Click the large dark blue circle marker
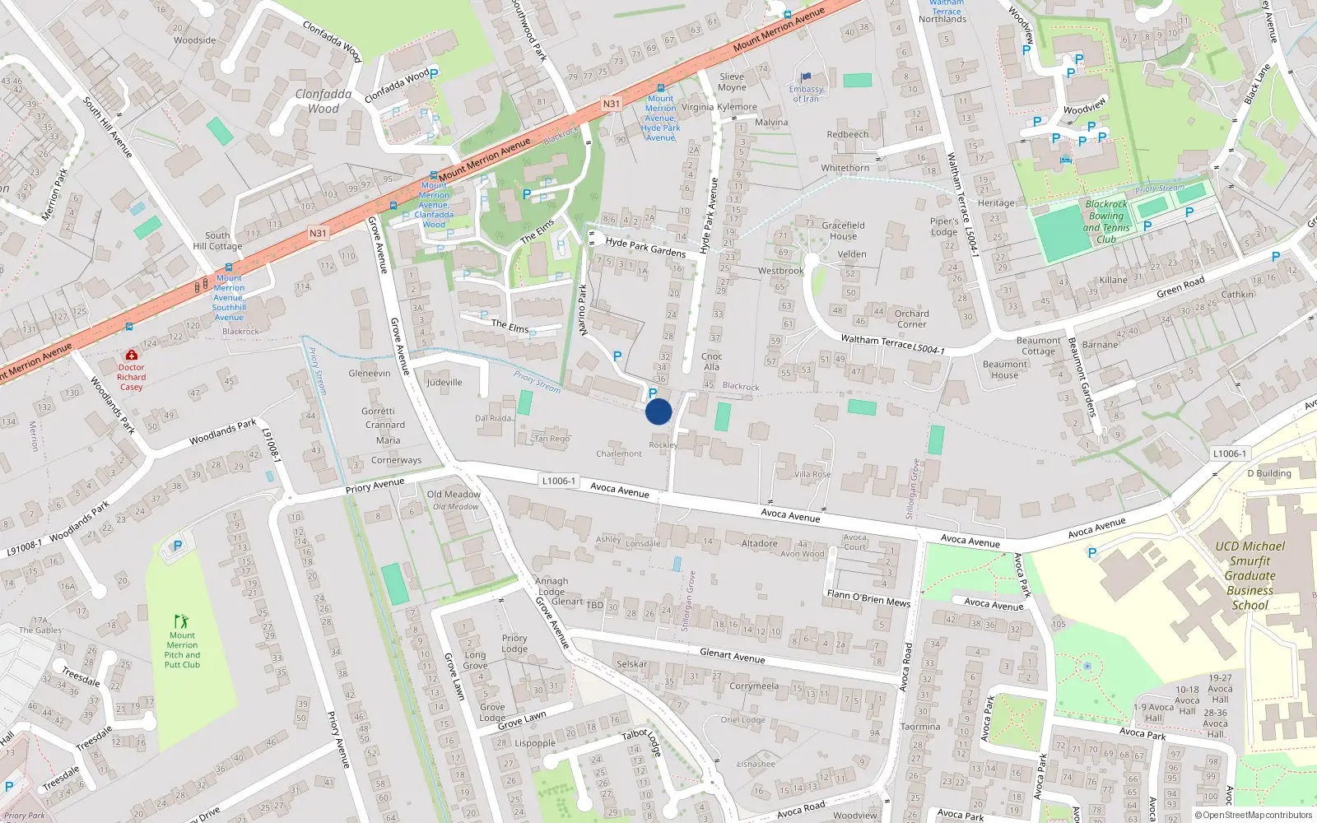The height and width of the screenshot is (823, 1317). coord(658,411)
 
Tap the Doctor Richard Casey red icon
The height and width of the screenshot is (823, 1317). coord(131,355)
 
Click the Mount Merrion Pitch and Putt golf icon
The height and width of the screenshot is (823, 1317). coord(181,621)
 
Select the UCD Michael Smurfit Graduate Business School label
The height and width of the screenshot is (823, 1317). coord(1250,575)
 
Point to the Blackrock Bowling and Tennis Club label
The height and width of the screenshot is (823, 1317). coord(1105,221)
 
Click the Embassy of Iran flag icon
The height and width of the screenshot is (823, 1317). coord(806,78)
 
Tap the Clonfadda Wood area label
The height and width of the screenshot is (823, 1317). coord(323,101)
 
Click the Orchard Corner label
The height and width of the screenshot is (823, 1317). coord(911,319)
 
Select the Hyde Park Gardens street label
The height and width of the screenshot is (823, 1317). coord(645,247)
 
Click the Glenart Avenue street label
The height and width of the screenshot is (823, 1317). coord(732,656)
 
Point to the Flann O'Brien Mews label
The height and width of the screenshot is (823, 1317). coord(868,598)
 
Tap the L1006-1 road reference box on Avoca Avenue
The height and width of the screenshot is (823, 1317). coord(559,481)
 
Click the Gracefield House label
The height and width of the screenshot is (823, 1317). coord(843,230)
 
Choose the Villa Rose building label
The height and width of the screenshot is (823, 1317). coord(812,474)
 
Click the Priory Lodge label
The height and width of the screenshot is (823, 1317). coord(514,643)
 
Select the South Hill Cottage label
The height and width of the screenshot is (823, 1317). coord(217,240)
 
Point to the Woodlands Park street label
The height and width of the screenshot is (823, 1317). coord(222,433)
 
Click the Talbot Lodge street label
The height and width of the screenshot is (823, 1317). coord(641,742)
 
